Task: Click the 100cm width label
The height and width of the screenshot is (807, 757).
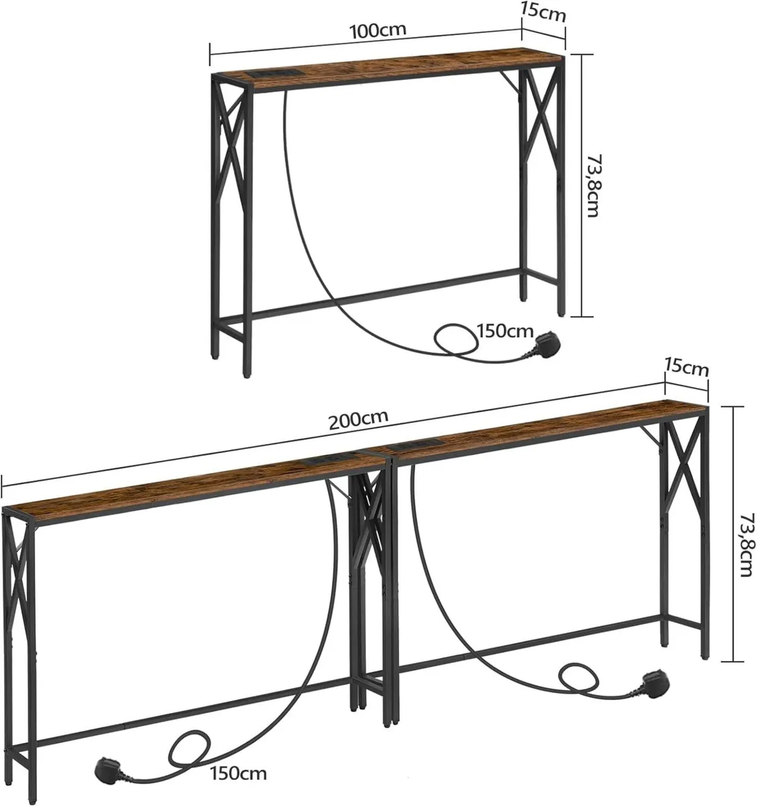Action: [373, 30]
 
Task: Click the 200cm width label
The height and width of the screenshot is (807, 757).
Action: [359, 418]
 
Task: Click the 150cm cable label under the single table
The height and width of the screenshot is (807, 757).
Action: [505, 331]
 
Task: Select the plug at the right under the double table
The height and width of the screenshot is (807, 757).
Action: [653, 681]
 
